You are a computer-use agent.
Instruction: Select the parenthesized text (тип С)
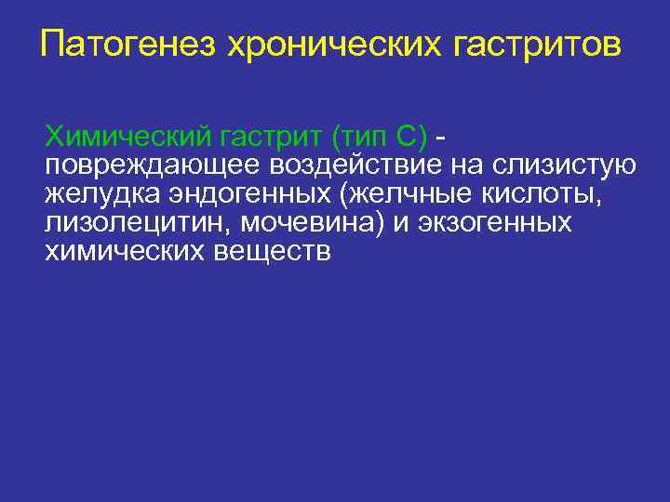379,139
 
